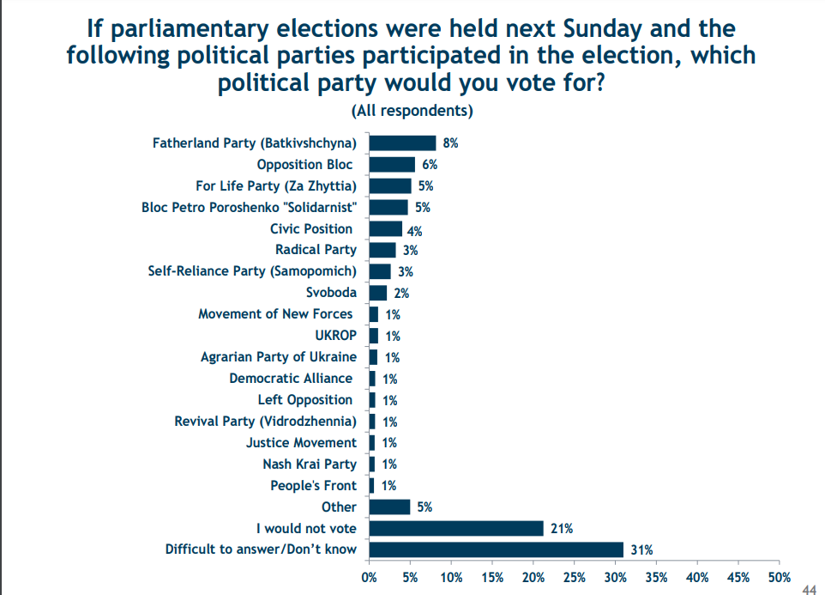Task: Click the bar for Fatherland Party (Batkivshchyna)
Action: [x=402, y=143]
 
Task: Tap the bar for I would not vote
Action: [x=456, y=528]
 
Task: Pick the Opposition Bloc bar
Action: [x=392, y=165]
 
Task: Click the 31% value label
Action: [x=642, y=550]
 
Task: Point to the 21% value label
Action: [x=561, y=529]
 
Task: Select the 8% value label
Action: [x=450, y=144]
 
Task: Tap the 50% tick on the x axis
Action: [x=779, y=577]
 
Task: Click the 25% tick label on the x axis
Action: [x=574, y=577]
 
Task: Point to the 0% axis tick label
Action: [x=370, y=577]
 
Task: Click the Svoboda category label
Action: [x=331, y=293]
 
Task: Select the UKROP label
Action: [x=335, y=336]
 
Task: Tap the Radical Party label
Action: [x=316, y=250]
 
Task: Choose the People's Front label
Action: [x=313, y=486]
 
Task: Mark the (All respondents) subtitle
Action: [x=412, y=111]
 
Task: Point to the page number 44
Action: [x=809, y=588]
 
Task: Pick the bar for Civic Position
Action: [x=386, y=229]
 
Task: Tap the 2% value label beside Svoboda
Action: [x=401, y=294]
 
